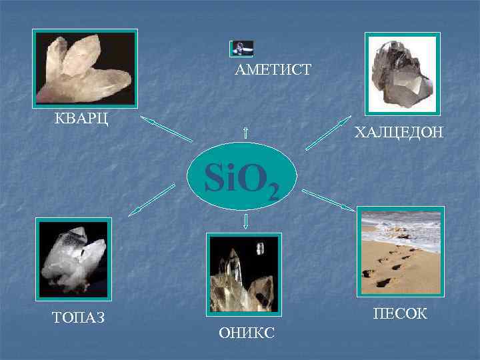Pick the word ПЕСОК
tap(400, 313)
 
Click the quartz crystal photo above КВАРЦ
tap(86, 69)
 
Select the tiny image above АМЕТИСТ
tap(241, 47)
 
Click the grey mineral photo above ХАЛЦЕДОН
tap(403, 73)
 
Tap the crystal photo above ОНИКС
tap(244, 273)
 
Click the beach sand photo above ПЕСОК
tap(400, 252)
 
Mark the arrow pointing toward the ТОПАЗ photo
tap(152, 201)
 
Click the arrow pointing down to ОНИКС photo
tap(246, 221)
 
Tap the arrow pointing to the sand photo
tap(330, 201)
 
